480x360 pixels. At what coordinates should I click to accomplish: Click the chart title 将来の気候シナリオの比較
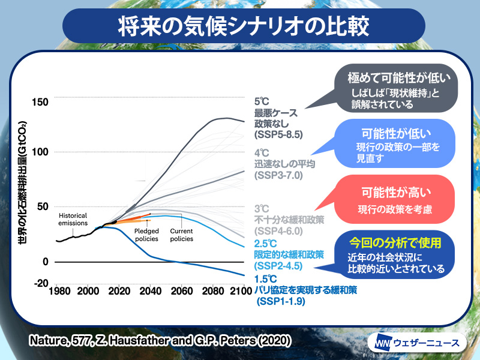[244, 26]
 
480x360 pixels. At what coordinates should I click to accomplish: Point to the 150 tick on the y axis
[40, 102]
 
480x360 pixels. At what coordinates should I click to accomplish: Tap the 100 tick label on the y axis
[40, 152]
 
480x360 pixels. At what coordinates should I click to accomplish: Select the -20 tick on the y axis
[41, 283]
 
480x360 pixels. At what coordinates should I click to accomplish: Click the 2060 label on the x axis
[182, 291]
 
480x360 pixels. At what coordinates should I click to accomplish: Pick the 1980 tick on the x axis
[59, 291]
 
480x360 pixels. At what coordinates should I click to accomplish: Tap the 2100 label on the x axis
[241, 291]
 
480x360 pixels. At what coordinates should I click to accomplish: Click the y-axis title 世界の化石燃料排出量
[22, 182]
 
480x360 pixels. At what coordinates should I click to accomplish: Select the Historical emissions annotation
[73, 219]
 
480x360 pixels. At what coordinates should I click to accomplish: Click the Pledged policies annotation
[146, 235]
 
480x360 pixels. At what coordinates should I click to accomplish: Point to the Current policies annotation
[182, 235]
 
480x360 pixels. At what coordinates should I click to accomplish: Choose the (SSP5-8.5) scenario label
[278, 134]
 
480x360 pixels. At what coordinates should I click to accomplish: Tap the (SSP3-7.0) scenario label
[278, 175]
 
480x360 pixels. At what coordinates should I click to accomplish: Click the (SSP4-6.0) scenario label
[278, 231]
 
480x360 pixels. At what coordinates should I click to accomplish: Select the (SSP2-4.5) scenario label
[278, 266]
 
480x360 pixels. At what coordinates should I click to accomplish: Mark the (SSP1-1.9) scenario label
[281, 301]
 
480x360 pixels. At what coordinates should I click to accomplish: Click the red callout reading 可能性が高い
[394, 199]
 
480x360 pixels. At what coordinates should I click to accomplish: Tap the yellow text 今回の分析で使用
[395, 243]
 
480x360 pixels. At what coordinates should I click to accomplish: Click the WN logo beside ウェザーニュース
[383, 343]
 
